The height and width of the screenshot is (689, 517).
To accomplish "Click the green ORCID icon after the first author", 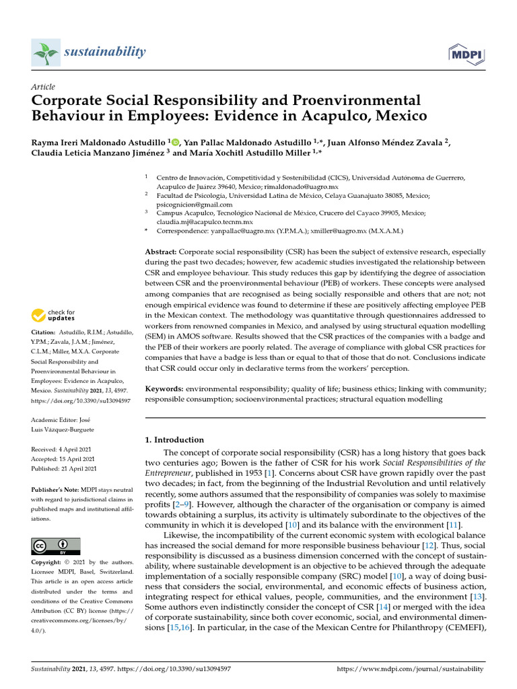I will tap(176, 142).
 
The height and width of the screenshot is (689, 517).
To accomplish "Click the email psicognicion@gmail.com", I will tap(195, 205).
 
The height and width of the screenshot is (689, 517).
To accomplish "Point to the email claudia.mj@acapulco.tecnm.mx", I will tap(205, 221).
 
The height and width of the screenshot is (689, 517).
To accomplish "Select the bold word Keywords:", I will tap(165, 389).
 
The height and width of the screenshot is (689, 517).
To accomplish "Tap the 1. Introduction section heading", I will tap(174, 440).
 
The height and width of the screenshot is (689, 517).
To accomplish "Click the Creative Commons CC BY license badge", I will tap(56, 546).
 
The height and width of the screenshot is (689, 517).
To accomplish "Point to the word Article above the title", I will tap(43, 87).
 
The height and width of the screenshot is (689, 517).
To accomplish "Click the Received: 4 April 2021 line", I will tap(61, 448).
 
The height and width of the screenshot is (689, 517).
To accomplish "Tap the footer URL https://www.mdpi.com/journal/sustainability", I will tap(409, 669).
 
